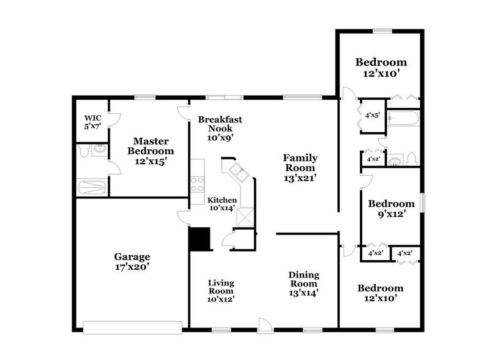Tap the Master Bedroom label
coord(150,146)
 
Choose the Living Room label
coord(220,291)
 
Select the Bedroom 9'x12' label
coord(387,209)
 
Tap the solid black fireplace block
coord(199,238)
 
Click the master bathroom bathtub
coord(93,187)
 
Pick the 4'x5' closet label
coord(372,114)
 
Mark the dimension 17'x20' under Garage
coord(132,268)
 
